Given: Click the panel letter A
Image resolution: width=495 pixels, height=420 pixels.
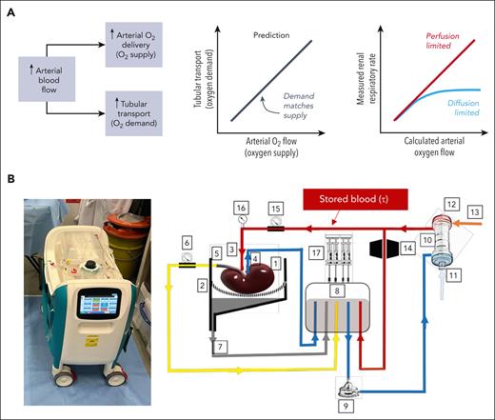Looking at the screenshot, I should [10, 9].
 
